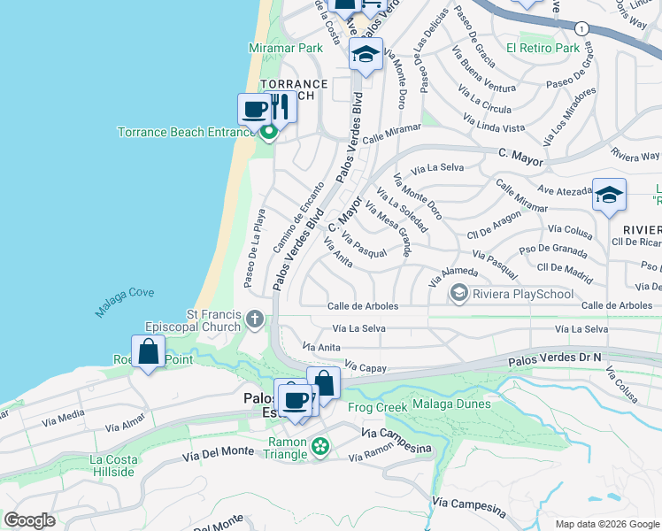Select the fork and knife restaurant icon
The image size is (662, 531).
tap(280, 107)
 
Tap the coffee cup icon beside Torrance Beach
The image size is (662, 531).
tap(254, 110)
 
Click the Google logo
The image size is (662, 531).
tap(29, 520)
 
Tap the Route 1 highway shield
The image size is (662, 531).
tap(581, 27)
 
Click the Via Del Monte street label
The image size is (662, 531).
tap(218, 453)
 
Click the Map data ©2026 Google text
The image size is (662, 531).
tap(605, 524)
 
